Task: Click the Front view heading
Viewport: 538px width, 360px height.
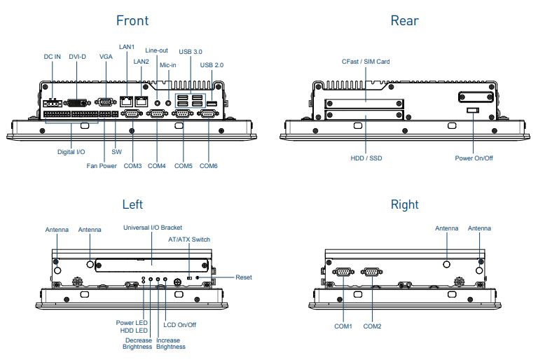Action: coord(132,20)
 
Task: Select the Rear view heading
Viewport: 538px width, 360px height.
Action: coord(404,20)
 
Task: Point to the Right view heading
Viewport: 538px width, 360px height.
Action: coord(404,205)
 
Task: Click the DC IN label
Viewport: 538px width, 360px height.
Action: coord(53,57)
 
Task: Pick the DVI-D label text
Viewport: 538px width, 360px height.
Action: coord(78,57)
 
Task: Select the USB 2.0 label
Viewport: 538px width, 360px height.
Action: coord(212,65)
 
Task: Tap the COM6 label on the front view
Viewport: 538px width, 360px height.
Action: coord(209,166)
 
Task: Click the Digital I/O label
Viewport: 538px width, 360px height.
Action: coord(71,151)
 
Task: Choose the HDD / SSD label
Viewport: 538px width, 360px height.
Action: coord(366,158)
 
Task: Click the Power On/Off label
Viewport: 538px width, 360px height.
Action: coord(474,158)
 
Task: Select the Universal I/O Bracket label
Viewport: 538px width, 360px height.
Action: coord(152,228)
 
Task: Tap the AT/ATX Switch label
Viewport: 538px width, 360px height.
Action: coord(189,240)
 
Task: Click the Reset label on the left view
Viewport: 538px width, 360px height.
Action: coord(244,277)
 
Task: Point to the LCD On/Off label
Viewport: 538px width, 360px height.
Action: coord(180,324)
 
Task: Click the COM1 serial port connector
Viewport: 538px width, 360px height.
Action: coord(343,272)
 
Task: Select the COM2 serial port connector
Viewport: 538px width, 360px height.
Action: coord(371,272)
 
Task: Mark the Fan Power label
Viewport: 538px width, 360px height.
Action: coord(102,166)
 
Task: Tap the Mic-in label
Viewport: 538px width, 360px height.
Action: coord(168,65)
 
